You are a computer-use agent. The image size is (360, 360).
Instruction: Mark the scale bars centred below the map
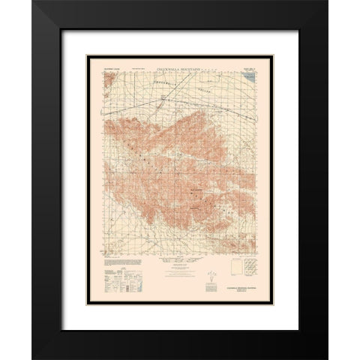click(180, 270)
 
